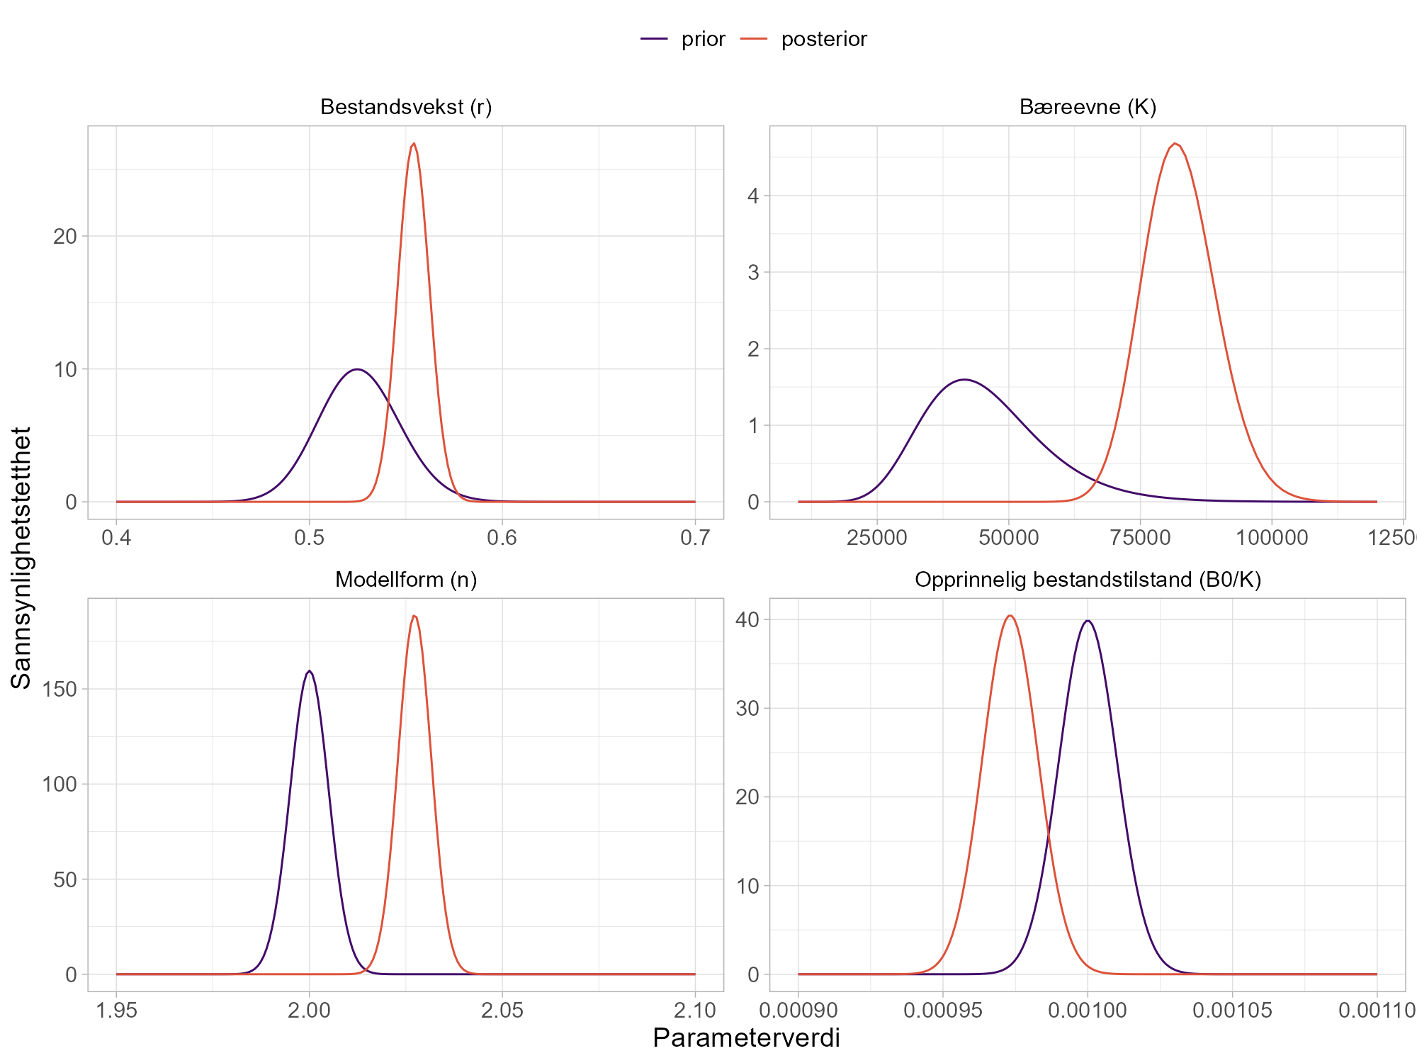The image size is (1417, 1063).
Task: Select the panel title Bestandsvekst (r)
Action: click(406, 107)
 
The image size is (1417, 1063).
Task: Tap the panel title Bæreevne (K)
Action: click(1088, 107)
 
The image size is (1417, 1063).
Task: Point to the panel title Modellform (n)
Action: click(406, 580)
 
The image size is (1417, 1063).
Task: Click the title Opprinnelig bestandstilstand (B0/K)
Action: click(1088, 580)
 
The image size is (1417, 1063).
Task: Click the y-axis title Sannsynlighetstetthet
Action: click(21, 558)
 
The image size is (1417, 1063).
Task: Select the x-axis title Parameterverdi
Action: click(746, 1038)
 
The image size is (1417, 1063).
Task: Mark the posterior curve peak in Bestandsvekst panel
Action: click(414, 144)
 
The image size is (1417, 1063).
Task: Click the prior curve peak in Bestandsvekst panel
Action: click(358, 369)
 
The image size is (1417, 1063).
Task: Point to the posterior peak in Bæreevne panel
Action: click(1175, 144)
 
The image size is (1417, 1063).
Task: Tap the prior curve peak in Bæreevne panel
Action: click(964, 380)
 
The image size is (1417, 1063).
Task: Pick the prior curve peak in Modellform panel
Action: click(310, 670)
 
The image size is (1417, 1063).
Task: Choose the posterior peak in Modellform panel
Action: click(414, 616)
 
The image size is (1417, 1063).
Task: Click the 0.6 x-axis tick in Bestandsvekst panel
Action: click(502, 538)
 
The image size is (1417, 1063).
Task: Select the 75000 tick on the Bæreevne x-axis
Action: click(1140, 538)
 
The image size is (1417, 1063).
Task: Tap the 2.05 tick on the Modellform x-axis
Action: click(502, 1011)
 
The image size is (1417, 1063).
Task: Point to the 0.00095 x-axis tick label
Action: click(943, 1011)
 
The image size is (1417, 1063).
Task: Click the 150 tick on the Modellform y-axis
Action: click(60, 689)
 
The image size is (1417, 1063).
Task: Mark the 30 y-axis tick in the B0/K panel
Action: click(747, 708)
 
